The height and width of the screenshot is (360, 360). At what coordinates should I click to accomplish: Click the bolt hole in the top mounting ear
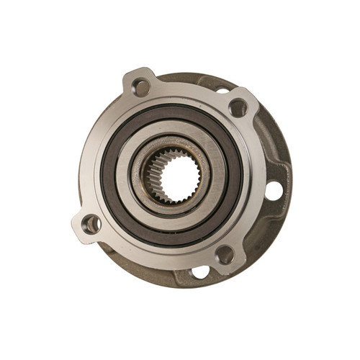coord(141,87)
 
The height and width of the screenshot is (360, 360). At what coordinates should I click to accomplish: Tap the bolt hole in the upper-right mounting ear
coord(238,107)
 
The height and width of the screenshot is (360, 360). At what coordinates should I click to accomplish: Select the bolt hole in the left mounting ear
coord(91,224)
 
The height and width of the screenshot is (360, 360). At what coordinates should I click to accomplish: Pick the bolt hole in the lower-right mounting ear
coord(225,254)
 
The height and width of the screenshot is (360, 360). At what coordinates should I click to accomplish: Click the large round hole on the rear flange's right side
coord(274,191)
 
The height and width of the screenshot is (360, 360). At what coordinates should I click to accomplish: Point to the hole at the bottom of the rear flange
coord(200,272)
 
